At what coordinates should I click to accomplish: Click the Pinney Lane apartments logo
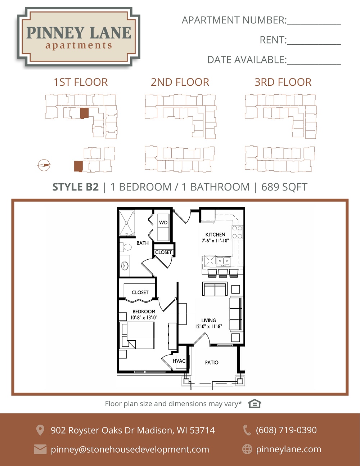(x=78, y=37)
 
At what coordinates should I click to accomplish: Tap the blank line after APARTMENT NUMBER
(x=314, y=25)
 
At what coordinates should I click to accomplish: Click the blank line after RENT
(x=314, y=45)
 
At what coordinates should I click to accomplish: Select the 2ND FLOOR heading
(x=180, y=82)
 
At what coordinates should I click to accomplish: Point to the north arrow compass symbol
(x=44, y=165)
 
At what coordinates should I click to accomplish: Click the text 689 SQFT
(x=284, y=187)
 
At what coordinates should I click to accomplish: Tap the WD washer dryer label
(x=163, y=223)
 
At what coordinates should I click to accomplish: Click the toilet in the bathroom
(x=127, y=247)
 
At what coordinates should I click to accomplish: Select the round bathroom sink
(x=125, y=266)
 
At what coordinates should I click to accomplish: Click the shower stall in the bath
(x=127, y=223)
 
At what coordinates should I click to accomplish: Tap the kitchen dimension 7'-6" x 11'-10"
(x=215, y=241)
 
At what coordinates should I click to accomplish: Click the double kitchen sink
(x=223, y=261)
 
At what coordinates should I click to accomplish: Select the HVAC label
(x=179, y=361)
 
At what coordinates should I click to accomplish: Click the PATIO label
(x=212, y=363)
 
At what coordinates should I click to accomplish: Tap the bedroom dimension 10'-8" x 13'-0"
(x=144, y=317)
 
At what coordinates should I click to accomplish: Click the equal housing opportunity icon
(x=255, y=404)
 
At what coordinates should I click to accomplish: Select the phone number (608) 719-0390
(x=286, y=430)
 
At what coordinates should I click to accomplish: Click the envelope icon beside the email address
(x=40, y=449)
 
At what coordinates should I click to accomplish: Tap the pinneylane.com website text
(x=289, y=449)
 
